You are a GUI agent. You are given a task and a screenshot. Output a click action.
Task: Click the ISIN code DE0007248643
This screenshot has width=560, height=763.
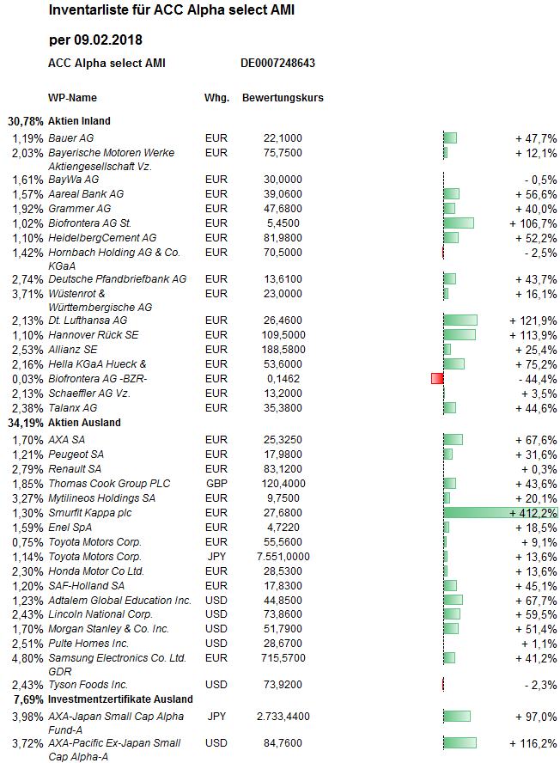277,64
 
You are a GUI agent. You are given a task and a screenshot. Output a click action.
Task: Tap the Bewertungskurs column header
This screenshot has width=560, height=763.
283,98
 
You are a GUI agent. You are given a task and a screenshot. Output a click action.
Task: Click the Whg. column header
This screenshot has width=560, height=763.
216,98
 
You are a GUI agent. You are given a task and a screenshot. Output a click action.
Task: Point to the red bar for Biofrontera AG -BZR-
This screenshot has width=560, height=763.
437,379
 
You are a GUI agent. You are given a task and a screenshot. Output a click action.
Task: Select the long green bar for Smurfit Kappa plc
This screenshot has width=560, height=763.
501,512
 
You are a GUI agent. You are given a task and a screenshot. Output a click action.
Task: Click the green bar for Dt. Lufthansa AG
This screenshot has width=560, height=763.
460,320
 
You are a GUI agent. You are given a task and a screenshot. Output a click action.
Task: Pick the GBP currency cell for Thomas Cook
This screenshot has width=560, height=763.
216,484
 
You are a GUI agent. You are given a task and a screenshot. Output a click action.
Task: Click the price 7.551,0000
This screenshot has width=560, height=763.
283,557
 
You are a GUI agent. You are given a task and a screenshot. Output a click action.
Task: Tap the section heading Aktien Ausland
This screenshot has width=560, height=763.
84,423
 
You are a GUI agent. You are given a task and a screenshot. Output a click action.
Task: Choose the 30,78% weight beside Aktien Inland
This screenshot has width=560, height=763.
25,121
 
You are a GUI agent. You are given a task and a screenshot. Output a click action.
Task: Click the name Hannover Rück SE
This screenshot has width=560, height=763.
94,335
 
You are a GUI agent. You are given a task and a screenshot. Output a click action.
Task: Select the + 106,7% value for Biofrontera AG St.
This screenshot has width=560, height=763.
533,223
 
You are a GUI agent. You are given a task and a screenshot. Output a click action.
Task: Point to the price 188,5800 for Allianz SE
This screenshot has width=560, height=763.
283,350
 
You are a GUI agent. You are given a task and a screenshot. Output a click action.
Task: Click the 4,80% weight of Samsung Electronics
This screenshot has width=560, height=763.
27,658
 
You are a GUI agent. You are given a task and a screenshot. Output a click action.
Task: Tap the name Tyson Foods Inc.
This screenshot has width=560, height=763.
88,685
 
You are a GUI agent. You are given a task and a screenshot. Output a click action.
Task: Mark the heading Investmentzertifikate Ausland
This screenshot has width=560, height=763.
120,699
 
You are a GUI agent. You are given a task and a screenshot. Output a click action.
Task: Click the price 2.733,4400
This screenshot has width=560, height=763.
283,717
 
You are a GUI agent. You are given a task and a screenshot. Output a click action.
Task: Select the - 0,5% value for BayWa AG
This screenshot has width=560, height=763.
541,180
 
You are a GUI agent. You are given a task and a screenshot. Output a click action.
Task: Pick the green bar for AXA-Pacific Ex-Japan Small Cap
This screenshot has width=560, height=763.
460,743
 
